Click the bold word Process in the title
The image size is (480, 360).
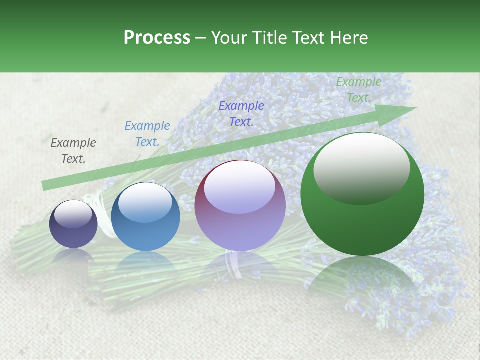157,38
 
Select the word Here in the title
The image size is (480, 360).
348,38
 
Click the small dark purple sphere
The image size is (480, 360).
73,224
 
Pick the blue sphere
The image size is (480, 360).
145,217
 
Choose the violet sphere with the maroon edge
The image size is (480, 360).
240,205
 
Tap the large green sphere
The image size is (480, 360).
362,195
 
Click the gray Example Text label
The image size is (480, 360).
73,151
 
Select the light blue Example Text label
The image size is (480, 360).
147,134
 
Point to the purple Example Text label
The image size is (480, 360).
241,114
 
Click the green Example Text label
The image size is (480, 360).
359,90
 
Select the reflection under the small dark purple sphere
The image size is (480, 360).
73,256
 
